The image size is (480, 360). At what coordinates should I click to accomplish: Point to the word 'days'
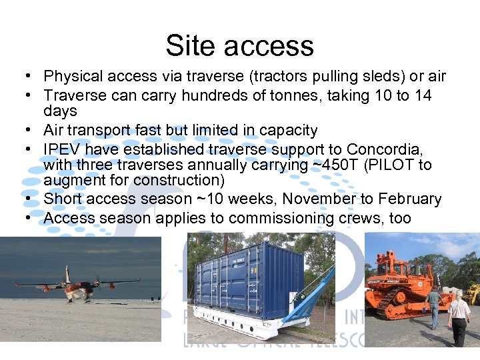click(60, 111)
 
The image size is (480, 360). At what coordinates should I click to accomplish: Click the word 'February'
click(411, 199)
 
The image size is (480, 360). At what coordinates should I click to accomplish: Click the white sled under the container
click(247, 327)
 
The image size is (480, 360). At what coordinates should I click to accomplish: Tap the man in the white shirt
click(459, 317)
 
